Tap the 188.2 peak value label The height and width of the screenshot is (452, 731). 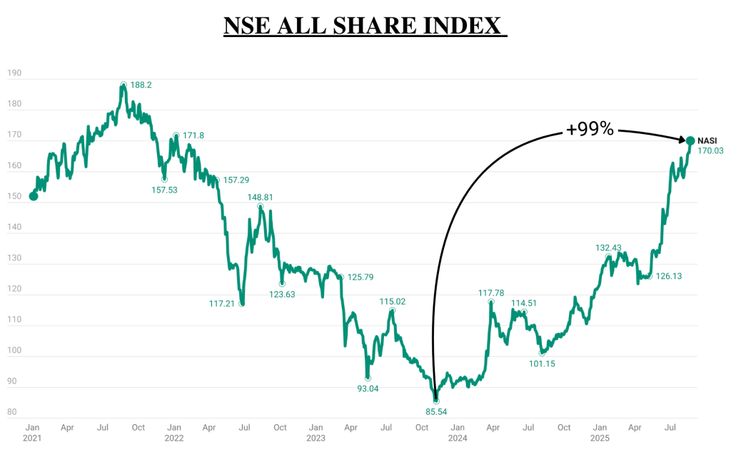[141, 84]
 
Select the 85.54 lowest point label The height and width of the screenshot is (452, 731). [436, 411]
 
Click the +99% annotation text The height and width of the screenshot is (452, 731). [590, 129]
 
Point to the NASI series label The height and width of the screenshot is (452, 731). [709, 140]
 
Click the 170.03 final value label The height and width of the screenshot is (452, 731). [710, 151]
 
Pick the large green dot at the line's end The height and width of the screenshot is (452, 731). [691, 140]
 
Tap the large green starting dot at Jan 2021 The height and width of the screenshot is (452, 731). [34, 196]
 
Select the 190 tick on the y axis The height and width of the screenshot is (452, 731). [14, 73]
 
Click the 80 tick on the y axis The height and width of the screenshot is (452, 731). [12, 411]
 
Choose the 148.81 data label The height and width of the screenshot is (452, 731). [260, 197]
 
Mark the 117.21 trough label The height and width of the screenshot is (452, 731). [223, 304]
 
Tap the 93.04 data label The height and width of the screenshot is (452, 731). [368, 389]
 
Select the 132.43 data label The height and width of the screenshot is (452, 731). [608, 248]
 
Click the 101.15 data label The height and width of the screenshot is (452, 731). [541, 364]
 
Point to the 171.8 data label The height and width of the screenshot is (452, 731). [193, 135]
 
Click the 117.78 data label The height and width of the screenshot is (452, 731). [492, 293]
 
